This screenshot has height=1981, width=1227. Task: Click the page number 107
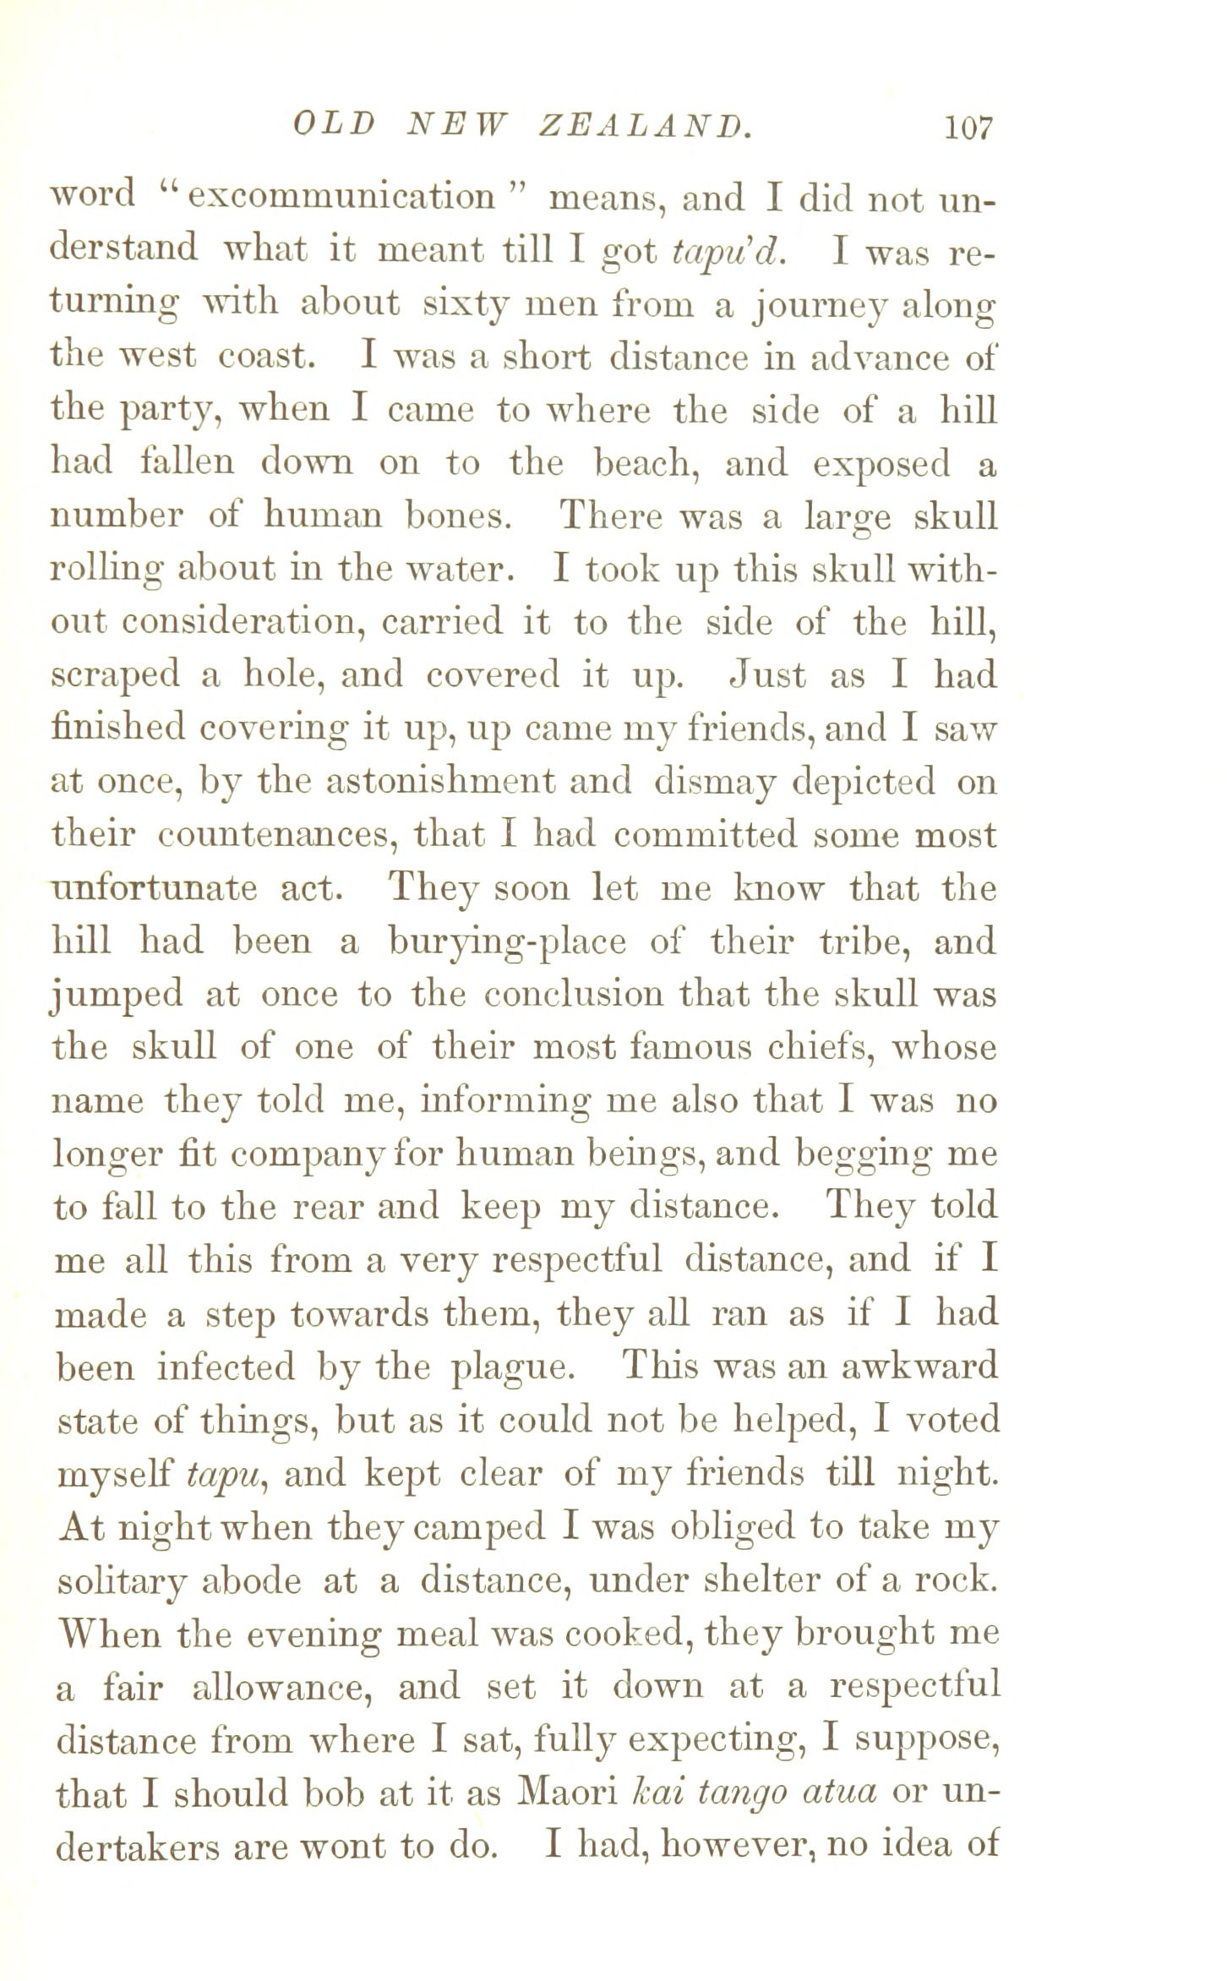(x=968, y=128)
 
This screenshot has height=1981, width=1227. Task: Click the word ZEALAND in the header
(x=644, y=128)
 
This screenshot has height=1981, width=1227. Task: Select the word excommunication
(x=341, y=197)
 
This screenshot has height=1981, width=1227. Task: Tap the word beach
(x=649, y=464)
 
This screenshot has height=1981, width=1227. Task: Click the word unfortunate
(x=154, y=889)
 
